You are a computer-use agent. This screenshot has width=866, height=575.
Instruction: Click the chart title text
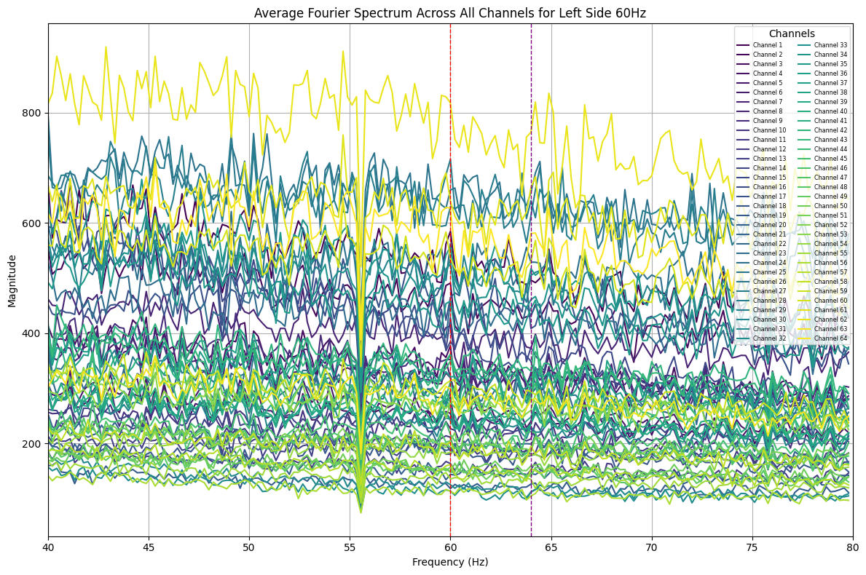coord(449,13)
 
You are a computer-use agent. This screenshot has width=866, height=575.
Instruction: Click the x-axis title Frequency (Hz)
coord(450,562)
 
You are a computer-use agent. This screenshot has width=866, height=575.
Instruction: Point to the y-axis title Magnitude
coord(12,281)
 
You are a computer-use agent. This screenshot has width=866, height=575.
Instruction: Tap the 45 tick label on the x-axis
coord(149,547)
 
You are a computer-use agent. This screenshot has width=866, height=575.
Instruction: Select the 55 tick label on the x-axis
coord(350,547)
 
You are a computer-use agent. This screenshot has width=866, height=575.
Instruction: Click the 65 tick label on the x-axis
coord(551,547)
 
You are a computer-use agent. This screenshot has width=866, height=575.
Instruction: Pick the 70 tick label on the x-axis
coord(652,547)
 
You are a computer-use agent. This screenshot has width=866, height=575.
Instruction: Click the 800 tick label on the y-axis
coord(34,113)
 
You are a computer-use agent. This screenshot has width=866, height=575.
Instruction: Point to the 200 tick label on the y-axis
coord(34,444)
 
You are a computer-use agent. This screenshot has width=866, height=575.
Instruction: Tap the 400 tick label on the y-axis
coord(34,333)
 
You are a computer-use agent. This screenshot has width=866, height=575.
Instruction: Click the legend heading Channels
coord(792,33)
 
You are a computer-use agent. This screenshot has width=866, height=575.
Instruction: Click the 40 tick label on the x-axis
coord(48,547)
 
